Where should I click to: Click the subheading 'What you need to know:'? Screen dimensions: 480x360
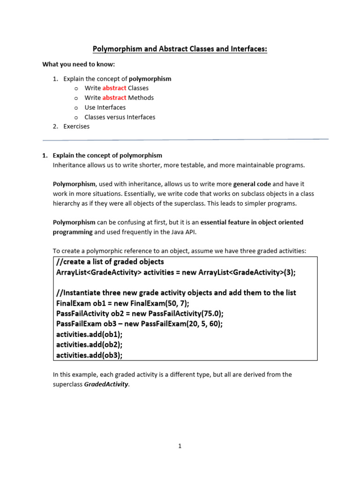[78, 64]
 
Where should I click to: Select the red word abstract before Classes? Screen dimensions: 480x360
[114, 88]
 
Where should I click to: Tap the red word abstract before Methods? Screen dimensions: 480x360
[114, 97]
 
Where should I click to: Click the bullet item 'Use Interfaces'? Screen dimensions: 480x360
[105, 107]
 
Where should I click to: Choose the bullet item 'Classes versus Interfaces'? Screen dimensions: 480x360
[120, 117]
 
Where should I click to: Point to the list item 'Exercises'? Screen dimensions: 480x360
[76, 127]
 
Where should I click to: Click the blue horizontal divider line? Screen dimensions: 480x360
[185, 140]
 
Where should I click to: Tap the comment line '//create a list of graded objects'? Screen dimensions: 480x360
[110, 262]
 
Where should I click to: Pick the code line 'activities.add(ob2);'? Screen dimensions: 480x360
[89, 345]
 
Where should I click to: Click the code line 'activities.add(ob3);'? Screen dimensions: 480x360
[89, 355]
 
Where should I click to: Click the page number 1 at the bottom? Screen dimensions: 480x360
[180, 446]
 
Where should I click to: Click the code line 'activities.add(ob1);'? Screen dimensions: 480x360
[89, 334]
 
